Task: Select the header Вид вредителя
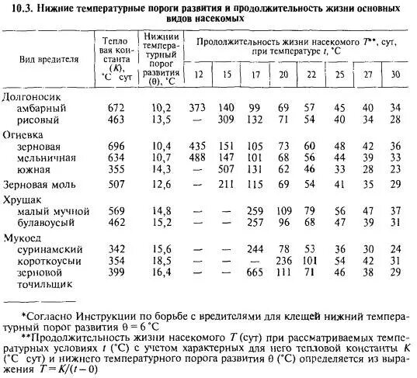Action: pos(48,59)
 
